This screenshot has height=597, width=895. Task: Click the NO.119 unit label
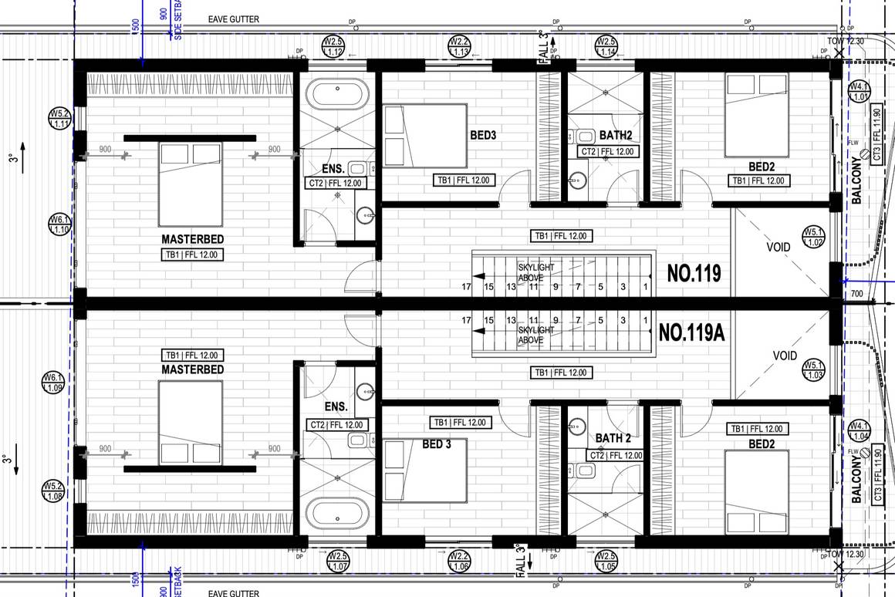[694, 273]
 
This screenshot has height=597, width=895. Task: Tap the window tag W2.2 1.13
[459, 46]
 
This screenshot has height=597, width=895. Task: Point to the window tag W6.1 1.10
[60, 224]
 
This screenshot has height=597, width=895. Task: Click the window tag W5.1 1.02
[813, 237]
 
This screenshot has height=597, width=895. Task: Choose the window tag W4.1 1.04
[858, 431]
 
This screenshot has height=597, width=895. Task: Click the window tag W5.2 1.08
[52, 491]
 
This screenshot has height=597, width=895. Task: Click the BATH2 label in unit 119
[616, 134]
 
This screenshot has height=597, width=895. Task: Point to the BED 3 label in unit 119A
[437, 444]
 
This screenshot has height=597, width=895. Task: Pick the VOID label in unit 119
[778, 248]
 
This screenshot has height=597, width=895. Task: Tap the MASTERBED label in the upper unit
[192, 239]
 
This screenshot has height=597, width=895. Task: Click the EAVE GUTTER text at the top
[235, 19]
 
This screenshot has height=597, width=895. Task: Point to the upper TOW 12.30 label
[846, 40]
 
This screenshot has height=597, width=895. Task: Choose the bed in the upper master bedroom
[191, 183]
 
